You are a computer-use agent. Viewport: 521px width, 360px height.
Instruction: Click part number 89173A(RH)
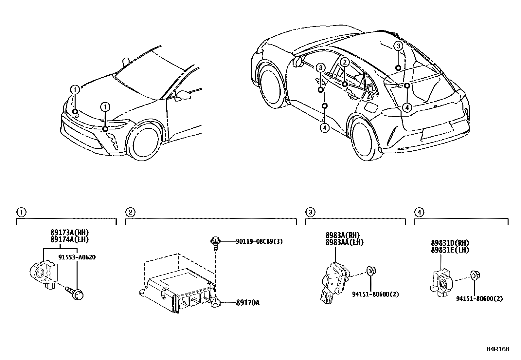click(69, 233)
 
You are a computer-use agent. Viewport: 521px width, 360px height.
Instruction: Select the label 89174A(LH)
click(69, 239)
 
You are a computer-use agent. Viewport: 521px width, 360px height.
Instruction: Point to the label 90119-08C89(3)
click(259, 242)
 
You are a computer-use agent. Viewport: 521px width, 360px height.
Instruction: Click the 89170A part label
click(247, 303)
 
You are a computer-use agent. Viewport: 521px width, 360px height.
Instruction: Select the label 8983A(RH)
click(342, 235)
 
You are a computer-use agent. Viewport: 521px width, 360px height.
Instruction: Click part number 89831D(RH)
click(450, 243)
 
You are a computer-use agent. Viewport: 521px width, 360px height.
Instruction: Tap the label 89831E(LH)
click(450, 250)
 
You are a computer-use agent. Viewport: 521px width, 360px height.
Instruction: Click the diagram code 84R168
click(497, 349)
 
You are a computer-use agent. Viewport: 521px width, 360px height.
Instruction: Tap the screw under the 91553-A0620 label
click(76, 293)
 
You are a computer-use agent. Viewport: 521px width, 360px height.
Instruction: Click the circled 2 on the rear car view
click(345, 62)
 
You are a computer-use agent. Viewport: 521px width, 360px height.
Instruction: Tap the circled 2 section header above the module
click(130, 212)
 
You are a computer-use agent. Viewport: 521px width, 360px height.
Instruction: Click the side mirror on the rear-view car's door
click(298, 61)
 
